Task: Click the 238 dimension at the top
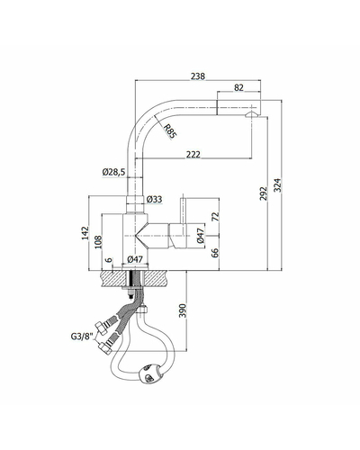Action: (198, 76)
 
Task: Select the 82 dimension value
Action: (238, 87)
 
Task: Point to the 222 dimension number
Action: (193, 154)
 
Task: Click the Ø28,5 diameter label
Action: (113, 172)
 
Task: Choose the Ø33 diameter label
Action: (154, 199)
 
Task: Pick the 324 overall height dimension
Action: (277, 185)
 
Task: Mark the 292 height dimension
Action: (263, 193)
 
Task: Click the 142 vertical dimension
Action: (85, 233)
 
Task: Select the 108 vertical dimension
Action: (98, 242)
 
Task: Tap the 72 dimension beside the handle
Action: (215, 216)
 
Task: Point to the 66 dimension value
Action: (215, 253)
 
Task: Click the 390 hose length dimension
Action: (183, 310)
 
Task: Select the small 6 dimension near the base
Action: (109, 260)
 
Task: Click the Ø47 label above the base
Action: (135, 259)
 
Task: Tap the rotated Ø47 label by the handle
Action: (201, 236)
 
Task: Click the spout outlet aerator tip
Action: (251, 114)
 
